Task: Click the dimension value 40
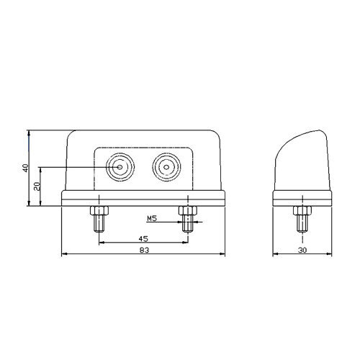coord(25,168)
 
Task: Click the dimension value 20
coord(37,186)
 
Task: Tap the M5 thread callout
coord(152,218)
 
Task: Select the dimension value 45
coord(143,239)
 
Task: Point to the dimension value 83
coord(144,250)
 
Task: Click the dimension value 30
coord(302,250)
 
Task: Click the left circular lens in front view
coord(120,167)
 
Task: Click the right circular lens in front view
coord(166,167)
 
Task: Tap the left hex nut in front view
coord(99,210)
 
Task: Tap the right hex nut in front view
coord(188,210)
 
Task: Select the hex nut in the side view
coord(302,210)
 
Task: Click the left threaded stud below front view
coord(99,223)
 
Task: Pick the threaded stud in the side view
coord(302,223)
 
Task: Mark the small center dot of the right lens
coord(166,167)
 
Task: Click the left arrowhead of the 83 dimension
coord(64,254)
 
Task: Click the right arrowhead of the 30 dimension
coord(329,254)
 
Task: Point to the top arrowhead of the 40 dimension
coord(29,133)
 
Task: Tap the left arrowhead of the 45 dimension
coord(102,243)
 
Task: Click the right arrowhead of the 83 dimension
coord(222,254)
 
